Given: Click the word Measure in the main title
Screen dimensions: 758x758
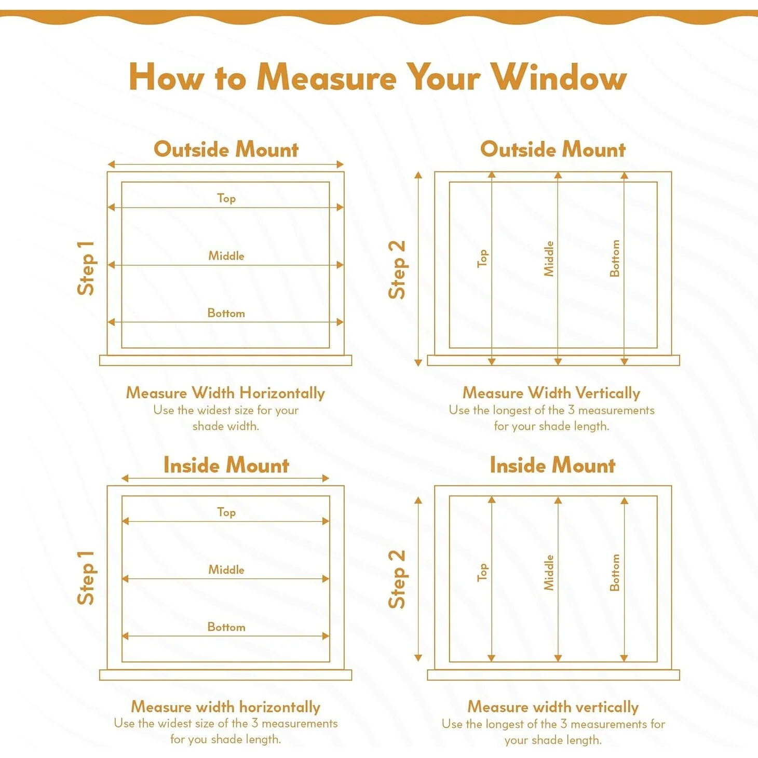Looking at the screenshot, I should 327,78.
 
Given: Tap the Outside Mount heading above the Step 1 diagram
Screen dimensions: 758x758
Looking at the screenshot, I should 226,150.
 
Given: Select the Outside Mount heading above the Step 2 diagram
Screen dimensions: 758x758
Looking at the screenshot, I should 553,150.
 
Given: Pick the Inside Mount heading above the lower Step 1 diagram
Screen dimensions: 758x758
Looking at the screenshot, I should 226,465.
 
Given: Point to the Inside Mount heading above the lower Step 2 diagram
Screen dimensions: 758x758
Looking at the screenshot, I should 553,465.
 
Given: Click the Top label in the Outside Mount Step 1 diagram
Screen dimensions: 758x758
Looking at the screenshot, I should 226,198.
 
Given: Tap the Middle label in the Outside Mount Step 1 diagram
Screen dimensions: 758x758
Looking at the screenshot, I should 226,256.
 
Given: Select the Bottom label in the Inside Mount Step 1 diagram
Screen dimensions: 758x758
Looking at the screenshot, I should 226,627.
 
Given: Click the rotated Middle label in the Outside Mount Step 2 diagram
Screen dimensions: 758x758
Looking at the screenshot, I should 549,259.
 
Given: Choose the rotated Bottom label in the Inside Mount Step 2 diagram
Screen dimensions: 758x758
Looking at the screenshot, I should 615,573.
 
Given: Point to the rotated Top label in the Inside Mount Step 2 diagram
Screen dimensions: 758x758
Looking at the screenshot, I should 482,572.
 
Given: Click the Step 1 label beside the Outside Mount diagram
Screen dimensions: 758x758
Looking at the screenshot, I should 86,268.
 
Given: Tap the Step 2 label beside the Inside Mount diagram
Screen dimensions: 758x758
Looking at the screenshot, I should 397,579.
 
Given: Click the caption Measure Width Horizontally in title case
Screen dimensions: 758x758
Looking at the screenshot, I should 226,393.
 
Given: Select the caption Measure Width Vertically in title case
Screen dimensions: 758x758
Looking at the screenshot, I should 551,393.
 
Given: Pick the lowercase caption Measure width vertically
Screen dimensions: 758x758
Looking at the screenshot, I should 553,707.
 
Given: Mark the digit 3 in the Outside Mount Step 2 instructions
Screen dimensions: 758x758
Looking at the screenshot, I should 571,410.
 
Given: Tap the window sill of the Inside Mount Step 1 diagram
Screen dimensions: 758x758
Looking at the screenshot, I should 226,675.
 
